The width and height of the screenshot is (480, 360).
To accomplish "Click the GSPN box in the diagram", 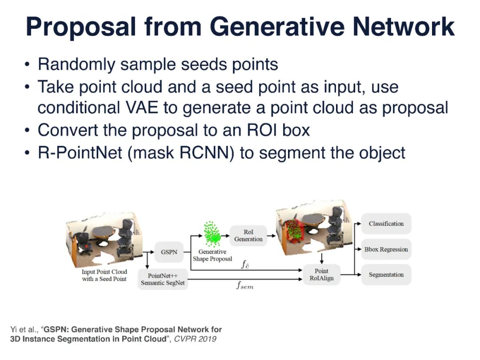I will click(169, 252).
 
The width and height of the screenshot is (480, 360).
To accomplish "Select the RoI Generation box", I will click(248, 236).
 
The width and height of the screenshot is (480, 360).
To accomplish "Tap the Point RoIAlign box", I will click(321, 274).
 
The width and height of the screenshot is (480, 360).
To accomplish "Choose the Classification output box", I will click(386, 224).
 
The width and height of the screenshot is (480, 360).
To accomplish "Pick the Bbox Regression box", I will click(386, 249).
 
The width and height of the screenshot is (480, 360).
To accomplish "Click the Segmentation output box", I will click(386, 275).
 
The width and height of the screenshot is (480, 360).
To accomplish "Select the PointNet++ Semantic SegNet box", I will click(163, 279).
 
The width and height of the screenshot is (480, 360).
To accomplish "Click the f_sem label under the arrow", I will click(244, 286).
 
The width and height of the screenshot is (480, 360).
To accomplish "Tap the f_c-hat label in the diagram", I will click(246, 265).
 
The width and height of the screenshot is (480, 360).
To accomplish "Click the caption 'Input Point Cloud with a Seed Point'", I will click(104, 275).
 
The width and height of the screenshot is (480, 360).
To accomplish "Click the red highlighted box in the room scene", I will click(295, 233).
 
